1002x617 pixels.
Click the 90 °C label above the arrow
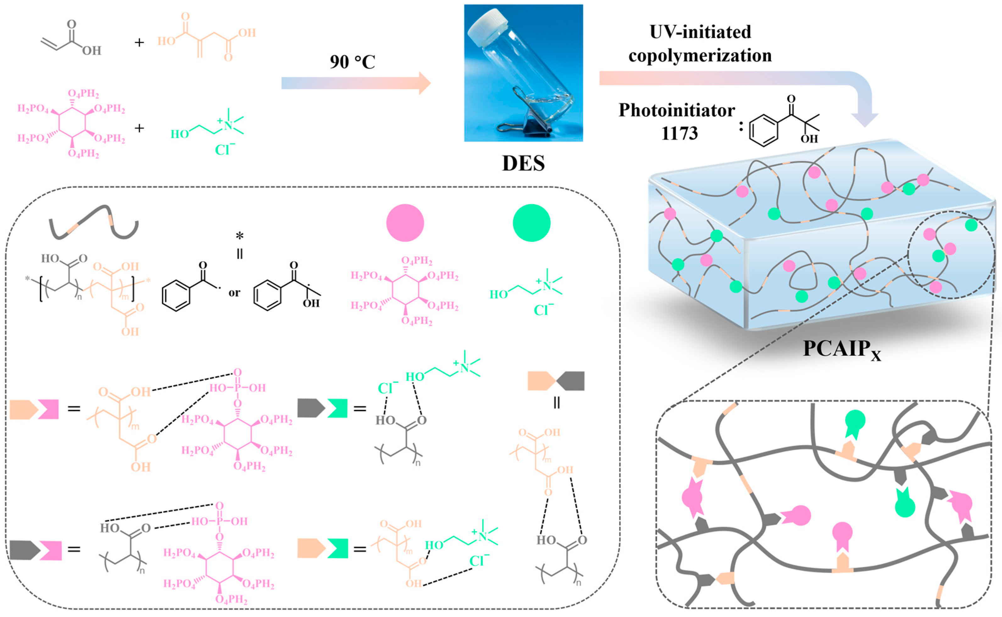click(352, 62)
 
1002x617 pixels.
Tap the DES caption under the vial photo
click(523, 163)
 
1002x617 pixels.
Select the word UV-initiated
click(700, 32)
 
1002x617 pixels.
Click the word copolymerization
click(700, 55)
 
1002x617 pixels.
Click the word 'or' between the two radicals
click(234, 292)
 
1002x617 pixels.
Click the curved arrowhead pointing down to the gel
click(865, 118)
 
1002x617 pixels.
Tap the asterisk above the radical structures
click(240, 236)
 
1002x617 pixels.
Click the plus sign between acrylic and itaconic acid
click(139, 42)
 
